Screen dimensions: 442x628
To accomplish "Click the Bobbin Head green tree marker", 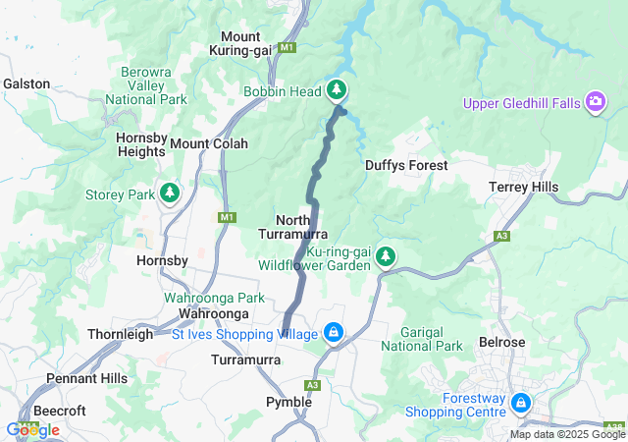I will [338, 91].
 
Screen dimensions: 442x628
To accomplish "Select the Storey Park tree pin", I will [171, 193].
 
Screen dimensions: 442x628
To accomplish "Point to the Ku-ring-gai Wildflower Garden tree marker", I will [386, 256].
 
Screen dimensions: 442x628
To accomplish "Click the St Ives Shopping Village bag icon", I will [334, 334].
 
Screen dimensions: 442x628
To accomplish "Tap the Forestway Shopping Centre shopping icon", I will [520, 404].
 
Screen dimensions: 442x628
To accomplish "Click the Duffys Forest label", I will [405, 166].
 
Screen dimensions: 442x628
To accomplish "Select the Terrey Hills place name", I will [523, 188].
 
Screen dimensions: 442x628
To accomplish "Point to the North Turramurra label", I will [293, 227].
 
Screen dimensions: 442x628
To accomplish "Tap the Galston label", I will [26, 83].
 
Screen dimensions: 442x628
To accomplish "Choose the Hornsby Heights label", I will [140, 144].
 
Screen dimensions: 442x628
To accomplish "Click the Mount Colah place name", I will [209, 143].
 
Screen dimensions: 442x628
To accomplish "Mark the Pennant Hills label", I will [86, 378].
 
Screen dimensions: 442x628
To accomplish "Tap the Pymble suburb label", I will [289, 402].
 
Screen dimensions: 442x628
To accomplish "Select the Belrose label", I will [502, 342].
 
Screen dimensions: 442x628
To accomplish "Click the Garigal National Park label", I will [421, 339].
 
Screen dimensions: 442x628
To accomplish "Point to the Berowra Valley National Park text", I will [153, 85].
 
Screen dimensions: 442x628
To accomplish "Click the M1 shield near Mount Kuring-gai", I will [287, 46].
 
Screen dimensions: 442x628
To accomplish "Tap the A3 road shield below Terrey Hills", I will [502, 236].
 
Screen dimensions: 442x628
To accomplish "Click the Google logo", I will [32, 429].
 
